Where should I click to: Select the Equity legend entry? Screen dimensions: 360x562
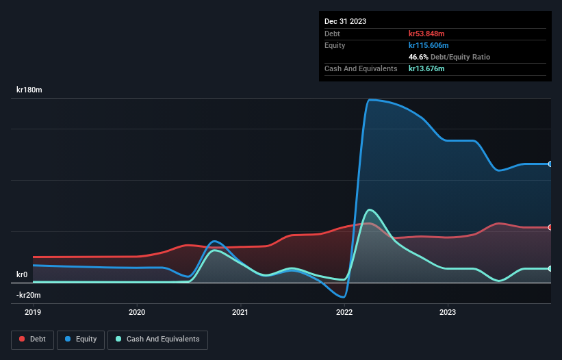(x=81, y=339)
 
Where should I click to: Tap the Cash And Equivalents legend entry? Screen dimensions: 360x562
(x=157, y=339)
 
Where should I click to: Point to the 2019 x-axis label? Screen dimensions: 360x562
(x=34, y=312)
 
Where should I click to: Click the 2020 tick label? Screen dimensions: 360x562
(x=137, y=312)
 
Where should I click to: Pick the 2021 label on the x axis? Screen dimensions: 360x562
(x=240, y=312)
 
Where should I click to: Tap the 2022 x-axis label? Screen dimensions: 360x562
(x=344, y=312)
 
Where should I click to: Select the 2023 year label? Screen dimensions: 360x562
(x=447, y=312)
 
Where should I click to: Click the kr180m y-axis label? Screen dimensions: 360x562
(x=29, y=90)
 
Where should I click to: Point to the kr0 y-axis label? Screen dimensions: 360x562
(x=22, y=274)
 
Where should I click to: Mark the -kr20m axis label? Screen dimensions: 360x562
(x=28, y=295)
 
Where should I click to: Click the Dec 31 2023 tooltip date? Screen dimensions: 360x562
(x=345, y=21)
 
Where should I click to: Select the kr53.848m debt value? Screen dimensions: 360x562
(x=427, y=34)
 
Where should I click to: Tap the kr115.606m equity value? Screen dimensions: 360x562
(x=429, y=45)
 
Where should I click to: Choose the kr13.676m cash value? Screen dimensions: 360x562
(x=427, y=68)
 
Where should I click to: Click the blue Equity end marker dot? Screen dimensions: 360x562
(x=550, y=164)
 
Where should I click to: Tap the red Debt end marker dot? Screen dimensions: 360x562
(x=550, y=227)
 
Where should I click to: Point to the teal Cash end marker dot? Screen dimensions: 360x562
(x=550, y=268)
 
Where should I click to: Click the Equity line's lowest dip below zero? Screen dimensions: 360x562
(x=344, y=297)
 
